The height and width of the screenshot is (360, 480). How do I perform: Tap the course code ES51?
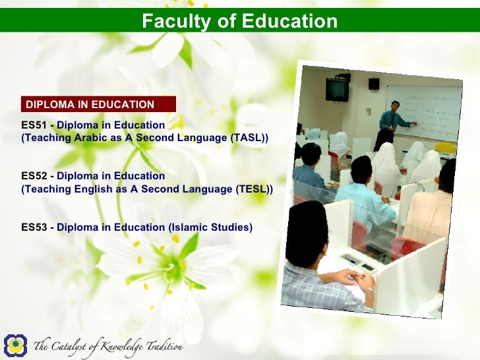point(33,125)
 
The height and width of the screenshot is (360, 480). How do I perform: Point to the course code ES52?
point(33,176)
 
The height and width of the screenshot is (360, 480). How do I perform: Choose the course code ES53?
point(33,227)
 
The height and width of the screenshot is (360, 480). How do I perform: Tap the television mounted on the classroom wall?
point(337,89)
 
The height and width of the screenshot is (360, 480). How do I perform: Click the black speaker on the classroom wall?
point(374,84)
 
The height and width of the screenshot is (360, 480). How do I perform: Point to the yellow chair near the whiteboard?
point(446,148)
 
